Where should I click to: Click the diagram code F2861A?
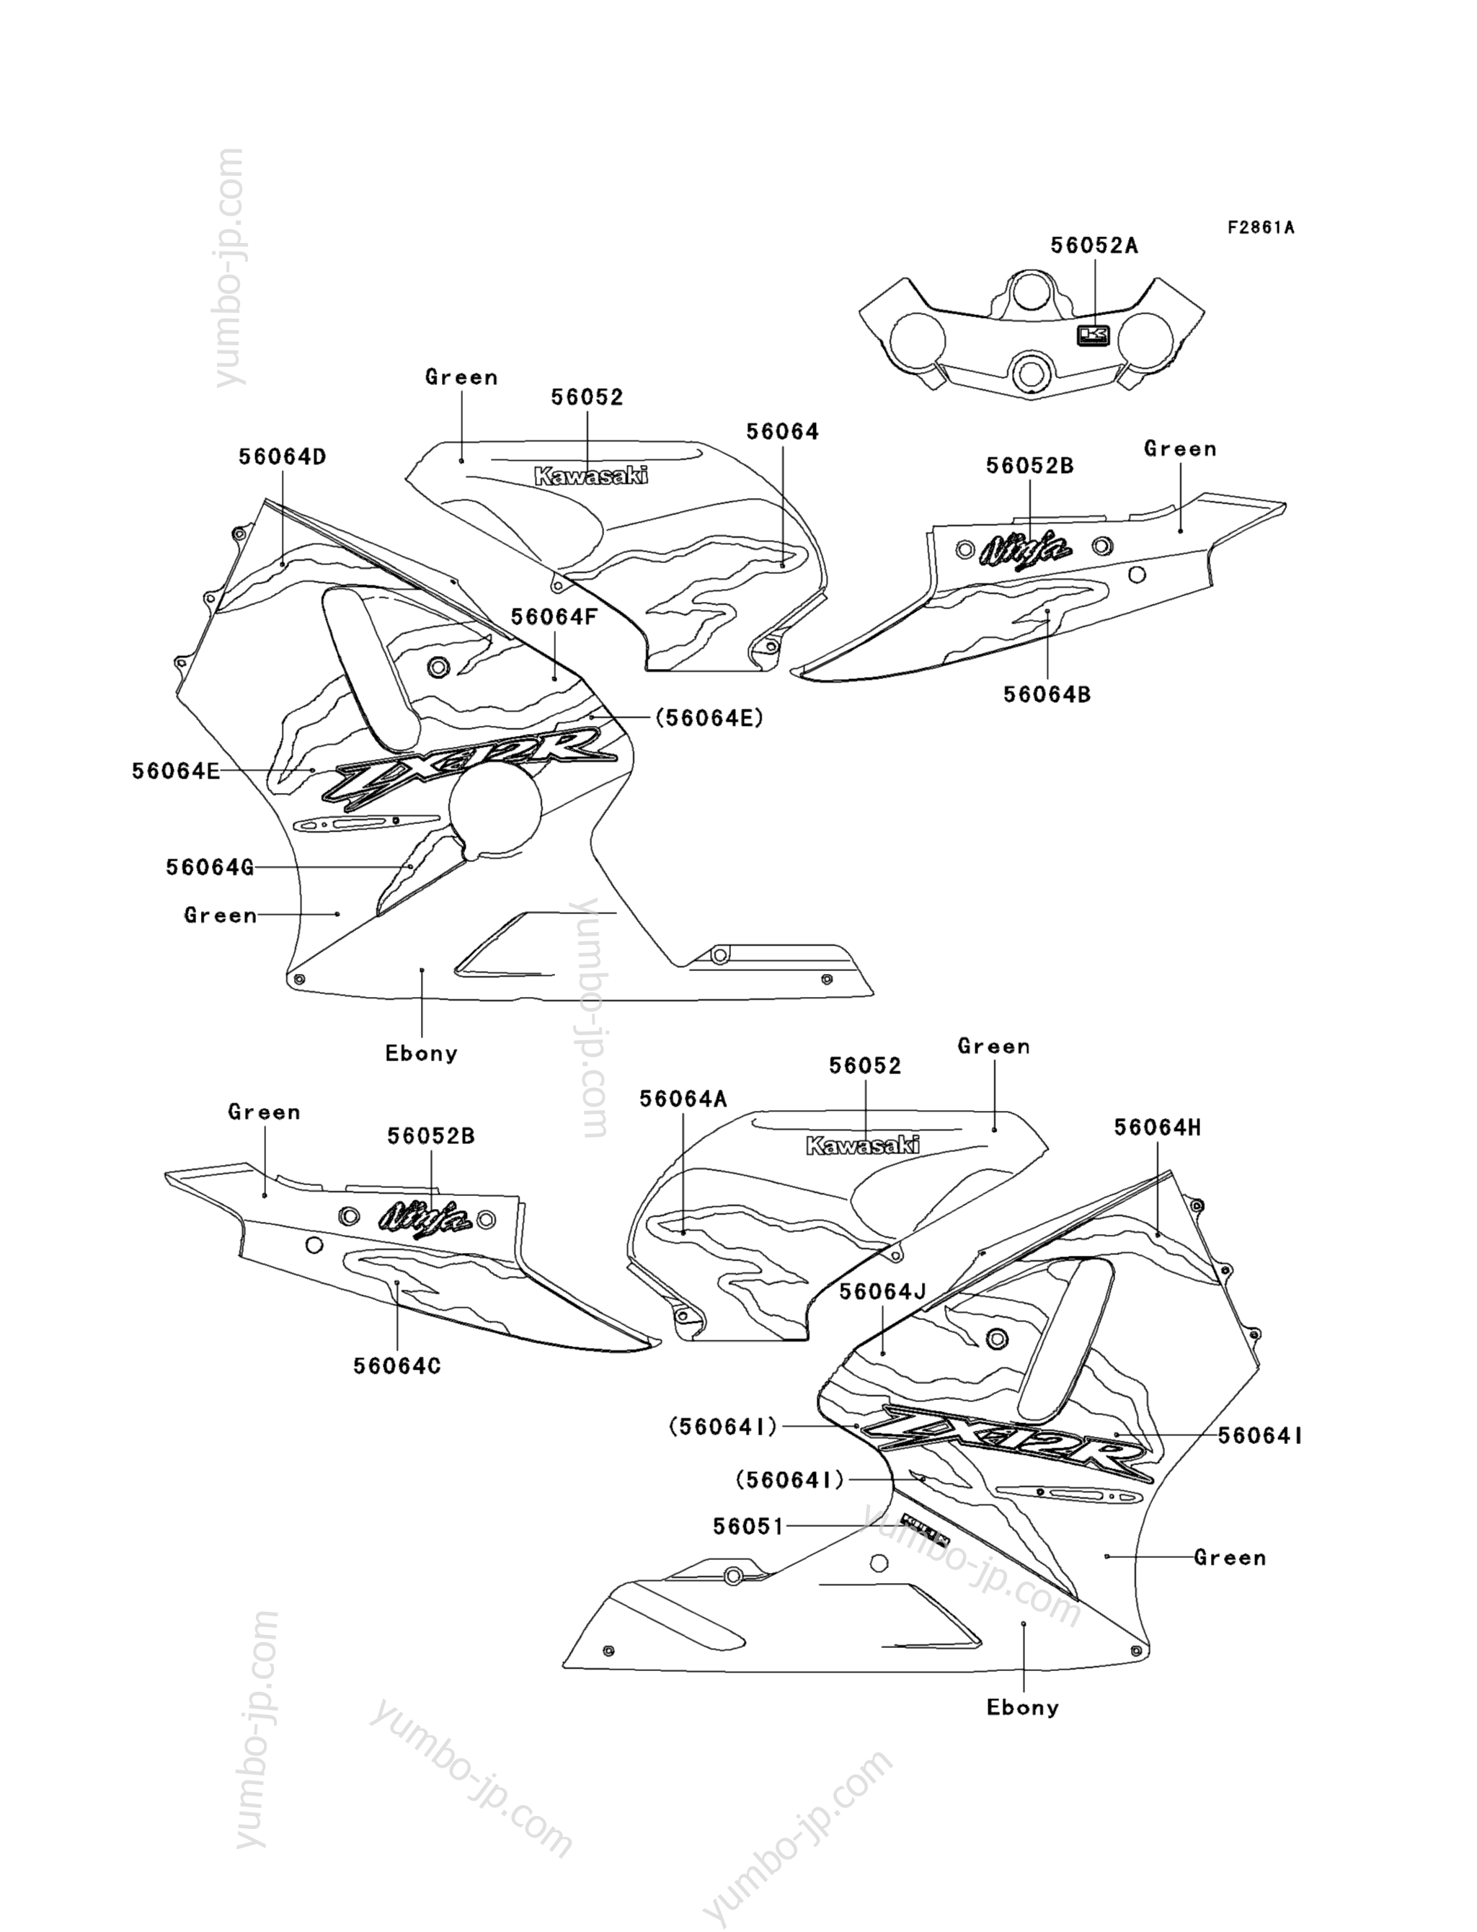point(1261,228)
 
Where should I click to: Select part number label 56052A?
point(1094,246)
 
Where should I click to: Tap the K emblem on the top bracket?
point(1094,335)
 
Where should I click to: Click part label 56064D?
point(283,457)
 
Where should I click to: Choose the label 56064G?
point(210,867)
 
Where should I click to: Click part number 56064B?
point(1047,694)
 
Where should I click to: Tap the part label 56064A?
point(683,1099)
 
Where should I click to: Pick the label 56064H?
point(1157,1127)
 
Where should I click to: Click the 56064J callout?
point(883,1291)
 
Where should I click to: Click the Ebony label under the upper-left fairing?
point(422,1053)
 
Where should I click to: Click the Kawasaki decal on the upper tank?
point(591,477)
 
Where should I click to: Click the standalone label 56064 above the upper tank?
point(782,432)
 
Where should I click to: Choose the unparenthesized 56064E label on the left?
point(176,771)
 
